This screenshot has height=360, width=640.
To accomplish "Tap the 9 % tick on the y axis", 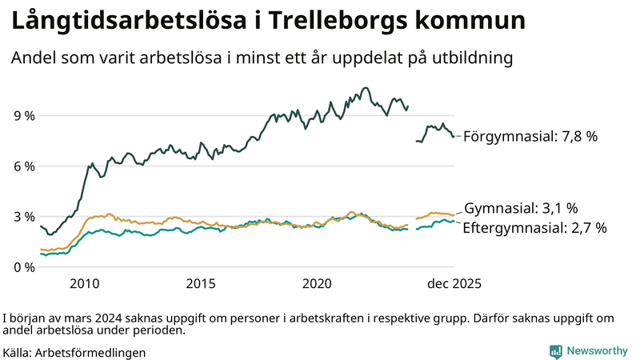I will coord(24,116).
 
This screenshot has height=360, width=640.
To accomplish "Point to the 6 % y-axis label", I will coord(24,166).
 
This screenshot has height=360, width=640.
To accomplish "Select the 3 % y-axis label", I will coord(24,217).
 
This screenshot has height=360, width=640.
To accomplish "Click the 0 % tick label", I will coord(24,267).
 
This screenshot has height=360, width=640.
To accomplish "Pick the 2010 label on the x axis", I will coord(85,284).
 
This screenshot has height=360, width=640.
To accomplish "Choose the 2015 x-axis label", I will coord(201,284).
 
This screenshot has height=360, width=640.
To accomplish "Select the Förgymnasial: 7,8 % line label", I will coord(530,137).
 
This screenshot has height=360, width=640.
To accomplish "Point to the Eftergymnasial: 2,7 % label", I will coord(534,228).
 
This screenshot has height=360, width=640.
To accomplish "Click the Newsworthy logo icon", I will coord(554,351).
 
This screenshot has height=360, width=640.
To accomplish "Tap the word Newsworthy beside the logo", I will coord(596,351).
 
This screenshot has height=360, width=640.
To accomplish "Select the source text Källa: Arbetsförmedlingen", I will coord(74,352).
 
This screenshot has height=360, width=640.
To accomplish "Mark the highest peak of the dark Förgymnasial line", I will coord(366,88).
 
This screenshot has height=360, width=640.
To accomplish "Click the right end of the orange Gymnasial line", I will coord(454,214).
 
